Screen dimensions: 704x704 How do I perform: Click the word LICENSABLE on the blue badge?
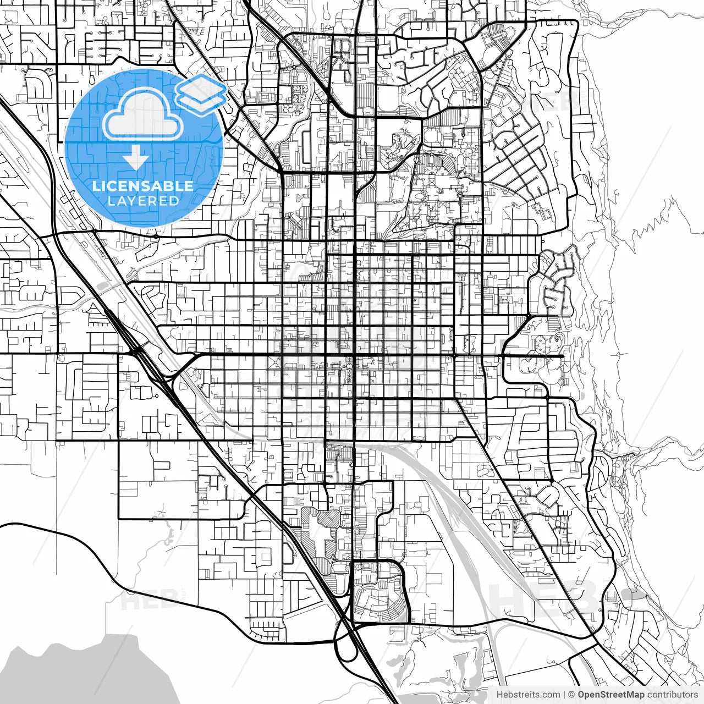[x=143, y=186]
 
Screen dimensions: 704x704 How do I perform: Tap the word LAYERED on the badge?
[x=143, y=201]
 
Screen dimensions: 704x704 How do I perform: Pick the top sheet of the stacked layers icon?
[x=201, y=85]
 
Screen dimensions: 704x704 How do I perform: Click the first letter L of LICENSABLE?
[x=96, y=186]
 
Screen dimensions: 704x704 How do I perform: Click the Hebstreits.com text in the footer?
[x=529, y=695]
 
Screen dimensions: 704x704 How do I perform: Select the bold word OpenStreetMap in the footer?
[x=611, y=695]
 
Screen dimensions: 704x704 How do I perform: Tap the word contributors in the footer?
[x=672, y=695]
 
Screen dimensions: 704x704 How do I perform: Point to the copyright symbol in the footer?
[x=571, y=695]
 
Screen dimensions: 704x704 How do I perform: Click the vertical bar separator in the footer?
[x=564, y=695]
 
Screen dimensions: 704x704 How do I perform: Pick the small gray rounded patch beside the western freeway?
[x=102, y=285]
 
